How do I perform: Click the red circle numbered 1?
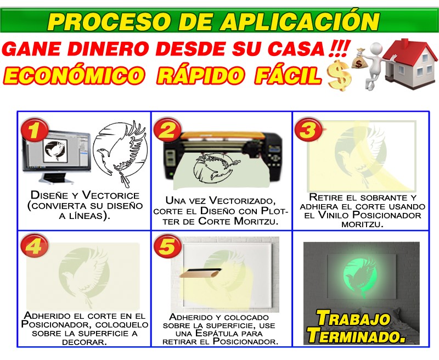pyautogui.click(x=35, y=130)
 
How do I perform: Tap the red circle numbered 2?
pyautogui.click(x=167, y=130)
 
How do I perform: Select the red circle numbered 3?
pyautogui.click(x=308, y=130)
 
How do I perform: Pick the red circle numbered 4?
pyautogui.click(x=35, y=246)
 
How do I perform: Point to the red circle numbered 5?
pyautogui.click(x=167, y=246)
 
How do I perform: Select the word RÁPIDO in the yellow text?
pyautogui.click(x=200, y=76)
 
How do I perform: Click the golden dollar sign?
pyautogui.click(x=339, y=76)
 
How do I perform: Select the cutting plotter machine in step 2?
pyautogui.click(x=222, y=158)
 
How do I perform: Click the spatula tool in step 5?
pyautogui.click(x=201, y=273)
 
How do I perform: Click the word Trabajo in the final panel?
pyautogui.click(x=353, y=319)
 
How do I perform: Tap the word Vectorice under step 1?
pyautogui.click(x=111, y=195)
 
